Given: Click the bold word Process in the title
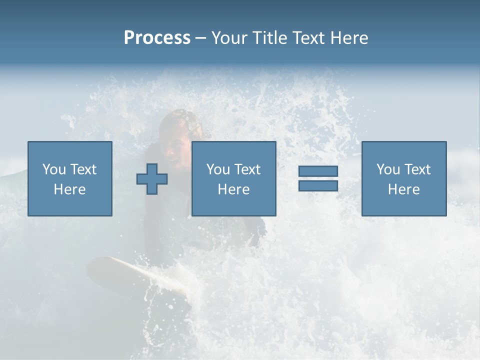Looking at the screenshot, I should coord(157,38).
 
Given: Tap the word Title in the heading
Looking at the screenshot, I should coord(270,38).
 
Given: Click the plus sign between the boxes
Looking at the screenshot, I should coord(152,179).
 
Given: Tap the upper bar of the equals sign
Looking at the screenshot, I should coord(318,171).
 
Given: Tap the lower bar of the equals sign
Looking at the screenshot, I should coord(318,185).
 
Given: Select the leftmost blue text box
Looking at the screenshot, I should coord(69,178).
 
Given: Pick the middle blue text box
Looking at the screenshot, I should coord(233,178).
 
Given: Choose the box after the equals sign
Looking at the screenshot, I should coord(403,178).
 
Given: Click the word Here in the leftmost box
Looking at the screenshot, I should coord(69,189).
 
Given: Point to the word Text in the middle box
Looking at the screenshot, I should coord(247,169).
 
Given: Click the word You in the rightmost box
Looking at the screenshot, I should coord(388,169).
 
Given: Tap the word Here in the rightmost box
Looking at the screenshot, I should coord(403,189).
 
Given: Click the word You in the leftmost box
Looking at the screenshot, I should coord(54,169).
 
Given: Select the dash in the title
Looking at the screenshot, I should coord(201,38).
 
